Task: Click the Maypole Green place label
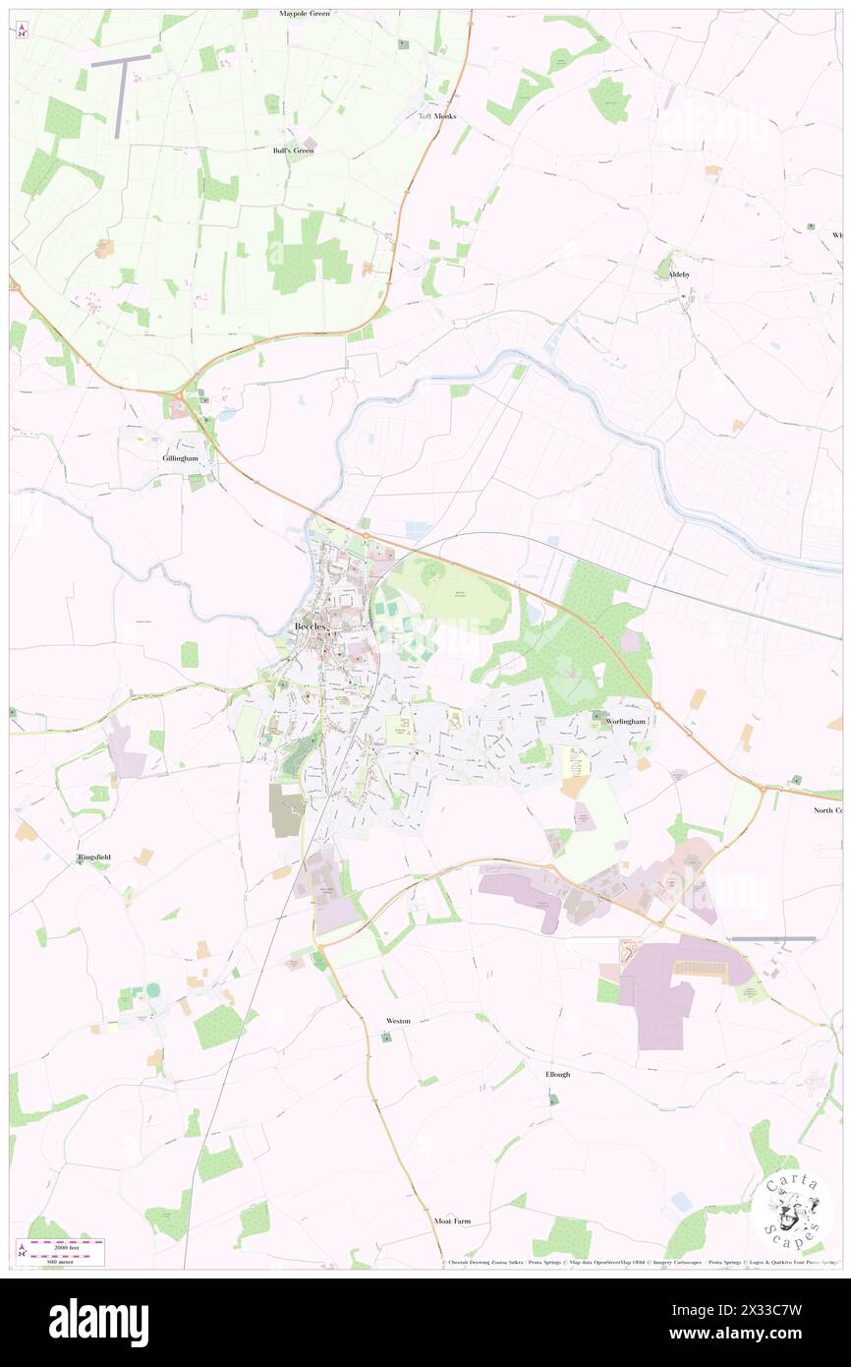(304, 14)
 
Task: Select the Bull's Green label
(293, 150)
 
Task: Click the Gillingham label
(182, 458)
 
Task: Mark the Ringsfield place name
(94, 858)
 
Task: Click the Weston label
(398, 1021)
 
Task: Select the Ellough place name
(557, 1074)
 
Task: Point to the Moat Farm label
(452, 1220)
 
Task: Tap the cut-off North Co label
(827, 810)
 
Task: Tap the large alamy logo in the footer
(99, 1322)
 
